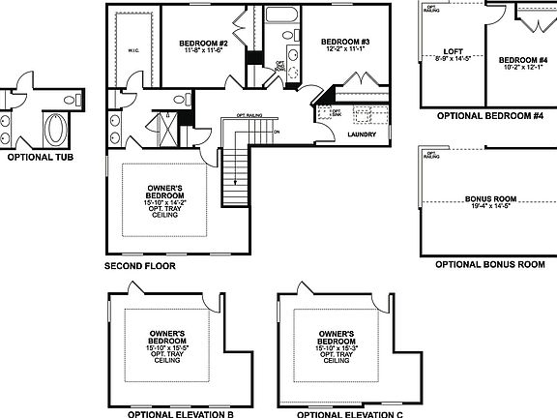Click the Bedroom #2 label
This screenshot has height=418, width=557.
(203, 44)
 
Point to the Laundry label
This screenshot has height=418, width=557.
(361, 134)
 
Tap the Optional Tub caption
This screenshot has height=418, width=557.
(39, 156)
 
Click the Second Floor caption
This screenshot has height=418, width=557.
(140, 264)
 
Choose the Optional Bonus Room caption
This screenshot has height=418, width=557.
(489, 264)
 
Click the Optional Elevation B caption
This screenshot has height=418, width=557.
(182, 413)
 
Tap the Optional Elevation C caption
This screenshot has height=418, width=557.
(349, 413)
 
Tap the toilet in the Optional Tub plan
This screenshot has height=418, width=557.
(70, 100)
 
